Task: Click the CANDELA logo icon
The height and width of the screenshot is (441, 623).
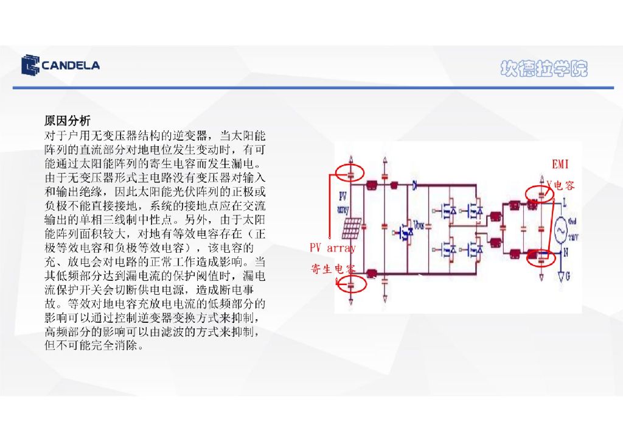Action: click(30, 65)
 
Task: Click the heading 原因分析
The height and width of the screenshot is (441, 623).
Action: click(68, 121)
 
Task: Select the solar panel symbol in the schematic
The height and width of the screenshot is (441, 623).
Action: click(352, 228)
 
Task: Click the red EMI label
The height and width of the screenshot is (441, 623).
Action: click(560, 164)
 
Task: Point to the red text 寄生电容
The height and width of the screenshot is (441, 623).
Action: click(333, 269)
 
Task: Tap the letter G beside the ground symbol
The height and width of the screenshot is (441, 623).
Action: click(568, 277)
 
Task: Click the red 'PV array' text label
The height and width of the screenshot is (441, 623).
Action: click(333, 248)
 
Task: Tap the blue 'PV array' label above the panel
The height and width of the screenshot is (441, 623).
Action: click(343, 203)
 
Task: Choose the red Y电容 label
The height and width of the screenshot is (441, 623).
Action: click(560, 185)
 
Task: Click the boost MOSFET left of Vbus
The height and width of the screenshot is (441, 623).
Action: click(403, 233)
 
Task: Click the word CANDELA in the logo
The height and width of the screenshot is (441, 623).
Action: click(71, 66)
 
